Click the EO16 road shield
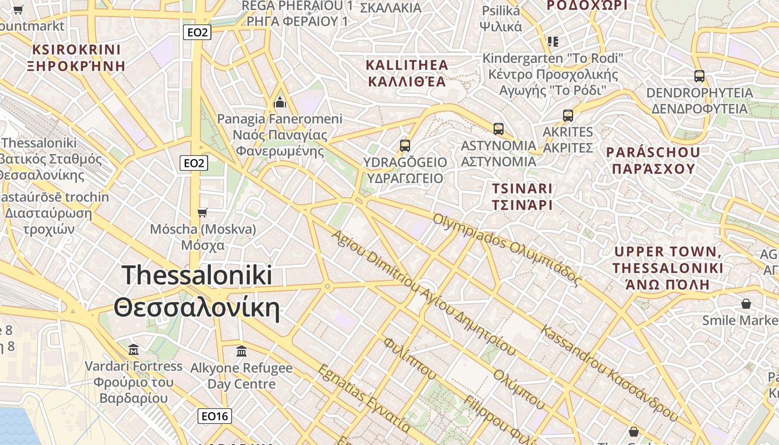pos(215,416)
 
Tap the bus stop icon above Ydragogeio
pos(405,146)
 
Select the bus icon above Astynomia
pos(499,129)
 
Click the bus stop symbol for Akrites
pos(568,116)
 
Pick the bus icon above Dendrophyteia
pos(699,76)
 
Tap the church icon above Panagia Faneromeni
pos(279,102)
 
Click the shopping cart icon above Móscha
pos(203,212)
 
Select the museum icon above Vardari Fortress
pos(134,350)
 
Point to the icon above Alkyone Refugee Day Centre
pos(241,352)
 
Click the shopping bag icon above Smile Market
pos(746,304)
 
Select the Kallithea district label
pos(407,73)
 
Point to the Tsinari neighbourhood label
pos(522,196)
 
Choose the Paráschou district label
pos(653,160)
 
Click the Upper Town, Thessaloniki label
pos(668,268)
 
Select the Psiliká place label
pos(501,18)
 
